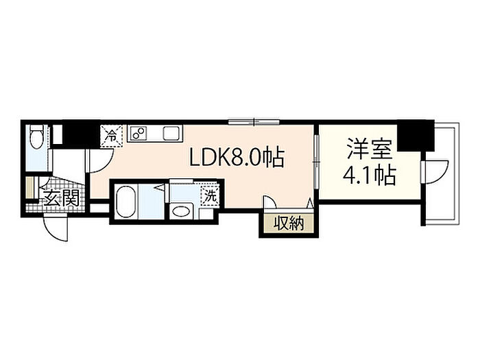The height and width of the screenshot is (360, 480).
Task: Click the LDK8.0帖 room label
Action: (237, 157)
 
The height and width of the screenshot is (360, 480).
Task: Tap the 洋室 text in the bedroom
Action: (370, 149)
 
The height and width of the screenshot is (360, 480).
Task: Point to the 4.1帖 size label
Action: (370, 175)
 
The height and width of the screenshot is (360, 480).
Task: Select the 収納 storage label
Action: (289, 223)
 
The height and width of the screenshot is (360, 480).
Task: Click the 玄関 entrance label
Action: (61, 197)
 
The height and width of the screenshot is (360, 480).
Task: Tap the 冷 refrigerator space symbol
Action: (112, 136)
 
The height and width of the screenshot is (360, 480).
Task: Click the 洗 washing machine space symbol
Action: (210, 196)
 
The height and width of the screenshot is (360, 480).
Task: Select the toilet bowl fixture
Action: (37, 137)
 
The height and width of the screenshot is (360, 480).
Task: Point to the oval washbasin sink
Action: (180, 211)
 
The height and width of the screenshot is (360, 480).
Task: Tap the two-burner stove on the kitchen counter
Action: (138, 133)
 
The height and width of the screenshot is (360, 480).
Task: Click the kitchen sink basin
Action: (171, 133)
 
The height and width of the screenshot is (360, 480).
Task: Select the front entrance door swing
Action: (54, 228)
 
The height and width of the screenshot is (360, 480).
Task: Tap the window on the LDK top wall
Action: (254, 122)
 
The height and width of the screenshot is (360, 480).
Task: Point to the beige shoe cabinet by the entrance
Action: (29, 187)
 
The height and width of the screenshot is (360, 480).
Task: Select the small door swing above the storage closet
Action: (270, 203)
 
